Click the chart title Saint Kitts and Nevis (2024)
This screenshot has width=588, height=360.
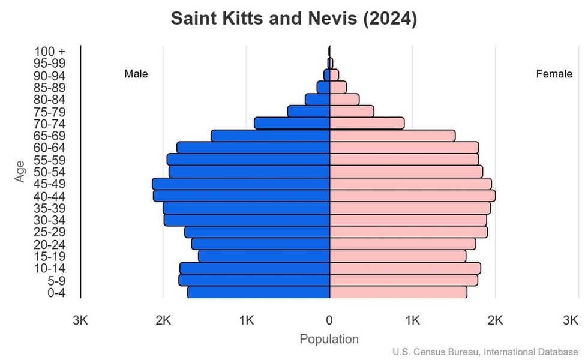(x=293, y=18)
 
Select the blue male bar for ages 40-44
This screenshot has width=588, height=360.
(x=242, y=196)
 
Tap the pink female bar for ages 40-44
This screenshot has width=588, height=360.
(x=412, y=196)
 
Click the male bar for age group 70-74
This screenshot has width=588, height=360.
(x=292, y=123)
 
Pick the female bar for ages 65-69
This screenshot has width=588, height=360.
(x=392, y=136)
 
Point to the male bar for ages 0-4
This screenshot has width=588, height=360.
(x=259, y=292)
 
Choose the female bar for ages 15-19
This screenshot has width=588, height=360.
(x=398, y=256)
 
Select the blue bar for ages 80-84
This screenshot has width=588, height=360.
(x=317, y=100)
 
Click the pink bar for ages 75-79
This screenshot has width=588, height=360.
(x=352, y=112)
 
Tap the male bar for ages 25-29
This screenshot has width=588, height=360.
(x=257, y=232)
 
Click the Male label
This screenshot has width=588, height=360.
(x=136, y=74)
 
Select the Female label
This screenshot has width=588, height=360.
(x=554, y=74)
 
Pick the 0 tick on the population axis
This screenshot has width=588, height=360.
(x=329, y=321)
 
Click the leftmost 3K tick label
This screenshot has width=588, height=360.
(x=80, y=321)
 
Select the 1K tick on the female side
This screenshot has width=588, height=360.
(x=412, y=321)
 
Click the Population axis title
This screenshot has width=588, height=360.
(x=329, y=339)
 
